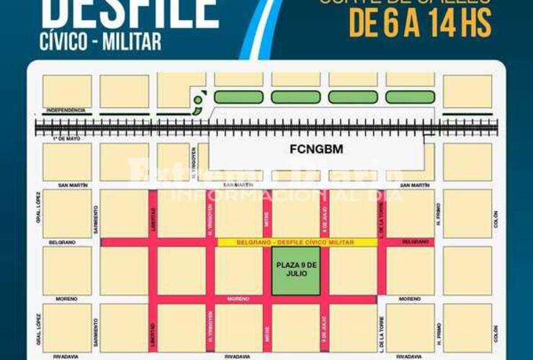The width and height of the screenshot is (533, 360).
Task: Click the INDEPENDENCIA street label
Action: click(66, 110)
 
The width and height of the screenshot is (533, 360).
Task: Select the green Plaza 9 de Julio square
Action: click(296, 271)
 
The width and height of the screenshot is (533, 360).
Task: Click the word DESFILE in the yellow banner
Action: click(285, 243)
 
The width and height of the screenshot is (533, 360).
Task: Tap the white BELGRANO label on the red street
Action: click(414, 243)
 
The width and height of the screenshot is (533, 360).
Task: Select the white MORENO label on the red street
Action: click(238, 298)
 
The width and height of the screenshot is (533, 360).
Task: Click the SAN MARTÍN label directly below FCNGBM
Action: click(238, 185)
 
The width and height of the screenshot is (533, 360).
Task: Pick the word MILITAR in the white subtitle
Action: click(135, 42)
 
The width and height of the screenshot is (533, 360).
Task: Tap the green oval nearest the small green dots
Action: click(237, 96)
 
